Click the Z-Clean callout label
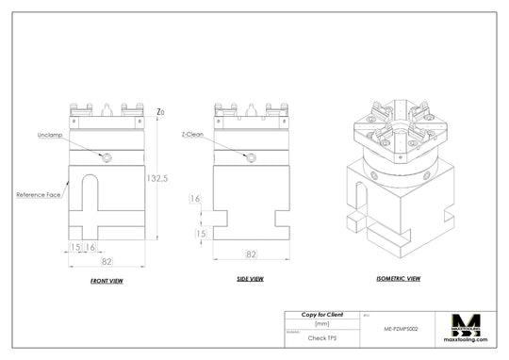click(193, 135)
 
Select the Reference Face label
click(40, 194)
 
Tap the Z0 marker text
click(161, 112)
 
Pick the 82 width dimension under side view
click(251, 254)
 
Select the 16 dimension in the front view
click(90, 247)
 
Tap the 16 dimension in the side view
click(195, 199)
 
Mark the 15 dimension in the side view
click(200, 233)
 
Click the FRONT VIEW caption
click(107, 282)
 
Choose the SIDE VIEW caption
click(250, 279)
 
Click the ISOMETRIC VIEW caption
click(398, 279)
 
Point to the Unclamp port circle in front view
click(108, 157)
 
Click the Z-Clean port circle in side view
click(251, 158)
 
